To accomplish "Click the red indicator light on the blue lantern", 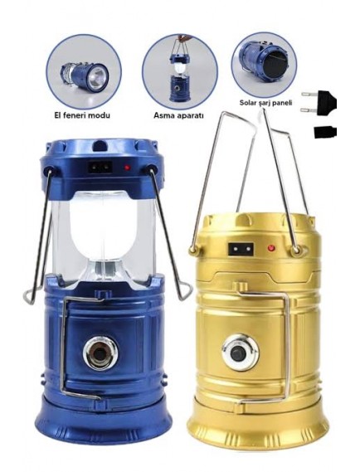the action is pos(128,167).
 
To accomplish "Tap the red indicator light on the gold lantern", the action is pos(271,248).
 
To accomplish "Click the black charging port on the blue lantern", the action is pos(100,167).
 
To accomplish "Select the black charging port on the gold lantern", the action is pos(241,249).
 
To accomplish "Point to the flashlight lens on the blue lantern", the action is pos(100,353).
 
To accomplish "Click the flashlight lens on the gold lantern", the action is pos(241,353).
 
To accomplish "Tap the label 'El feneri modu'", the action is pos(82,115).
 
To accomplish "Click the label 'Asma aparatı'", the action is pos(179,115).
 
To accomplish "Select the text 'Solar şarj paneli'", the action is pos(265,103).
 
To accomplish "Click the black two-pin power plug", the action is pos(319,102).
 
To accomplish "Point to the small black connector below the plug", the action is pos(325,132).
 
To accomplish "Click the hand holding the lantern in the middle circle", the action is pos(182,38).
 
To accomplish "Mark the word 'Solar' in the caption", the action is pos(248,103).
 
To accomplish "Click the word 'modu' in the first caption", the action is pos(101,115).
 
